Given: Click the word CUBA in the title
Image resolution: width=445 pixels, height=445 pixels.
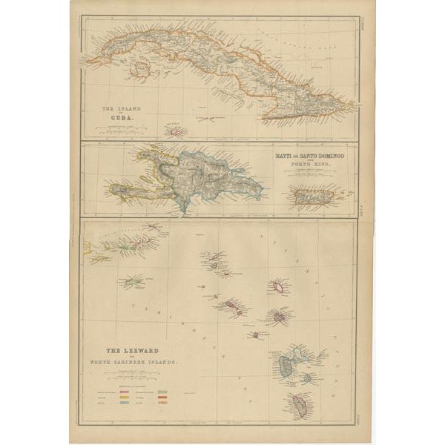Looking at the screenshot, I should pyautogui.click(x=122, y=116).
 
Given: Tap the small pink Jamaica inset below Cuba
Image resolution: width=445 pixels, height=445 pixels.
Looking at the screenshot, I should pyautogui.click(x=175, y=132).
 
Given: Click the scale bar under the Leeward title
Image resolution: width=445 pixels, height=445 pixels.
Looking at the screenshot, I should pyautogui.click(x=133, y=376).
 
